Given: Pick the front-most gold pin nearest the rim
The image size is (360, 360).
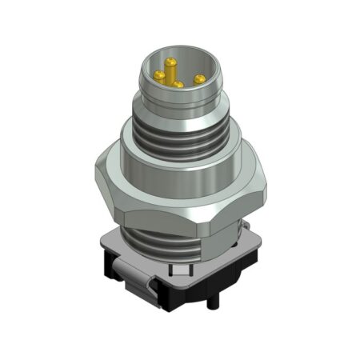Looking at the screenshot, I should coord(178,82).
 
